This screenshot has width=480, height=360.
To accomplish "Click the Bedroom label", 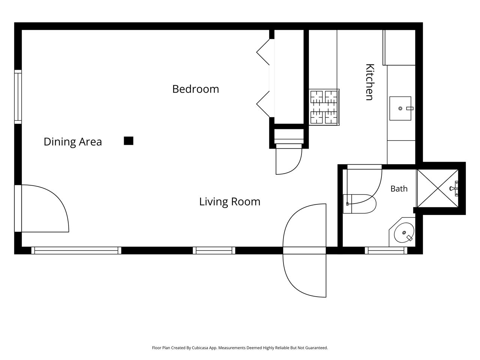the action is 195,89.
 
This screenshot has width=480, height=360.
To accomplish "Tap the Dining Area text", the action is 73,142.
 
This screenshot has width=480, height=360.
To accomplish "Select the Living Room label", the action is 229,201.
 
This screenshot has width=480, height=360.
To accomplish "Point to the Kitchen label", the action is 370,82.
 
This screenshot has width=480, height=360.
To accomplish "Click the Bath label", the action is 399,189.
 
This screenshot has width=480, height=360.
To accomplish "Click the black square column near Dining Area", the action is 129,141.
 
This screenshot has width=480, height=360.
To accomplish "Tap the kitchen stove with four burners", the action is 324,107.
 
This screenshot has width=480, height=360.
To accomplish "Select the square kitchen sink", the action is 400,108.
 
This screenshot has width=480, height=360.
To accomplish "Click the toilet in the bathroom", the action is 360,204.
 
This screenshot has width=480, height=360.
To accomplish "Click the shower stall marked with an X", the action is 438,188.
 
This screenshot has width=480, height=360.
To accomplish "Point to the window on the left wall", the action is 18,97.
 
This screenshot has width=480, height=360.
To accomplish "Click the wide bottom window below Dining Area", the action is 76,250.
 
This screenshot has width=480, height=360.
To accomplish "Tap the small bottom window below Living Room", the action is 214,250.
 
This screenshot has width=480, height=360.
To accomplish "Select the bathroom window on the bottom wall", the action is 386,250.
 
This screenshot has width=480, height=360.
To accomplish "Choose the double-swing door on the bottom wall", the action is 304,250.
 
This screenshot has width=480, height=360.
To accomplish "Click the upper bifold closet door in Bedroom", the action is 263,52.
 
